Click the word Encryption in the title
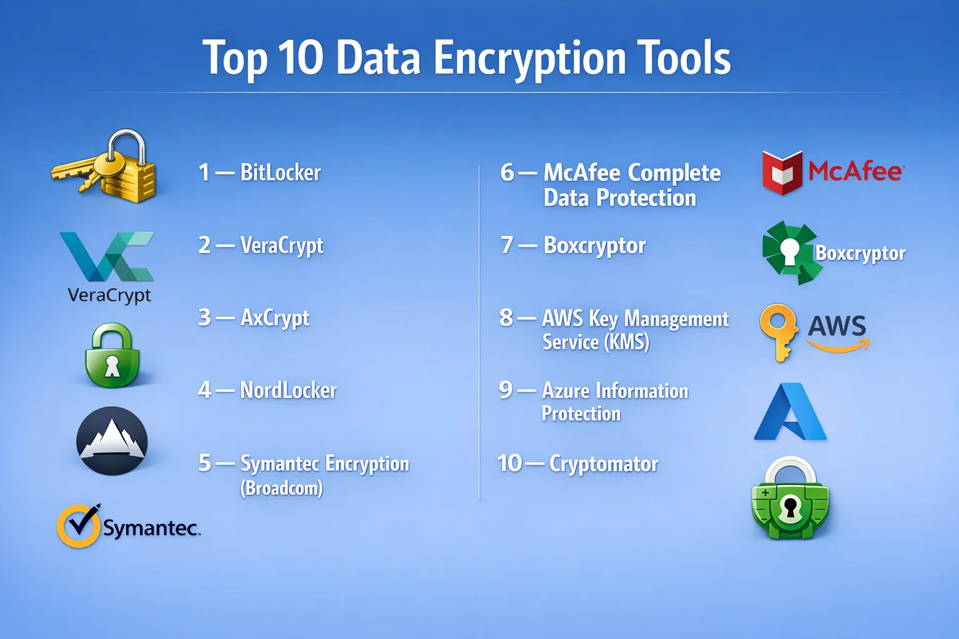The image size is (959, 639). point(530,59)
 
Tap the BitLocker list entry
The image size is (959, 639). point(260,172)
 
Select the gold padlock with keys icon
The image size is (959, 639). point(104,166)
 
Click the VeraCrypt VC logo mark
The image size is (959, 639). point(107,256)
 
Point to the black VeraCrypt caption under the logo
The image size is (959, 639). point(109,296)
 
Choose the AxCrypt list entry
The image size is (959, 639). point(254,318)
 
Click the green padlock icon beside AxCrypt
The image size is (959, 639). point(112,355)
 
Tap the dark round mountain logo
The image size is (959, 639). point(112,441)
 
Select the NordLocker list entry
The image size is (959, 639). point(268,391)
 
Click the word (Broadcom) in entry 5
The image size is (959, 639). point(282,489)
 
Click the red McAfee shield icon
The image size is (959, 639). point(782,172)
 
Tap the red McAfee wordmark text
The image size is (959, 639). point(856,172)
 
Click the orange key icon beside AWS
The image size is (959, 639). point(779,333)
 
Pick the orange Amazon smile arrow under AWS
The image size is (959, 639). point(838,345)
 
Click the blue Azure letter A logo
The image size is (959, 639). point(790,412)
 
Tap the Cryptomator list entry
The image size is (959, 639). point(578,464)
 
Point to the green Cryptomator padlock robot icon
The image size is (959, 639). point(790,498)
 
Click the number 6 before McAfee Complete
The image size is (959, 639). point(507,172)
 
